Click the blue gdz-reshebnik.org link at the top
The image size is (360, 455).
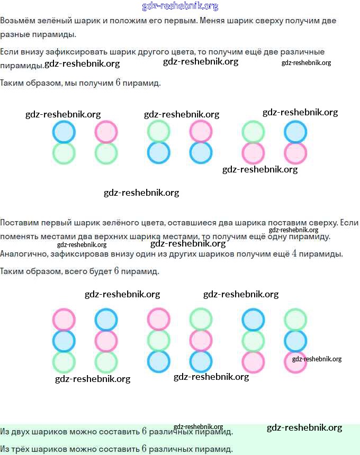[x=180, y=6]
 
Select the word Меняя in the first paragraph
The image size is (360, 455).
[x=211, y=21]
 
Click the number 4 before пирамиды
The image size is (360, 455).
[x=295, y=253]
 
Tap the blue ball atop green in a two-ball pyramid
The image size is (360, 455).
[x=64, y=132]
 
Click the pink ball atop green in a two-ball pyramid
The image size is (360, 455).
[x=106, y=132]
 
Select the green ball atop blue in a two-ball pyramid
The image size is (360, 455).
[x=158, y=132]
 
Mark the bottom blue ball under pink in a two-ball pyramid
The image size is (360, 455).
[x=201, y=152]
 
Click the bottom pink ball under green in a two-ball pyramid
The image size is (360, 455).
[x=253, y=152]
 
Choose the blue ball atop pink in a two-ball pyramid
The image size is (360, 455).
[x=295, y=132]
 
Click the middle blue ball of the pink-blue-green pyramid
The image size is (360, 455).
[x=64, y=341]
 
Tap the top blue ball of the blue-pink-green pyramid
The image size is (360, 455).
[x=106, y=320]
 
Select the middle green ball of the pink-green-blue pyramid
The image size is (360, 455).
[x=158, y=341]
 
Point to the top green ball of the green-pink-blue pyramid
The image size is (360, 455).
[x=201, y=320]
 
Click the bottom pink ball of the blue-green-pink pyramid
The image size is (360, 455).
[x=253, y=362]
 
